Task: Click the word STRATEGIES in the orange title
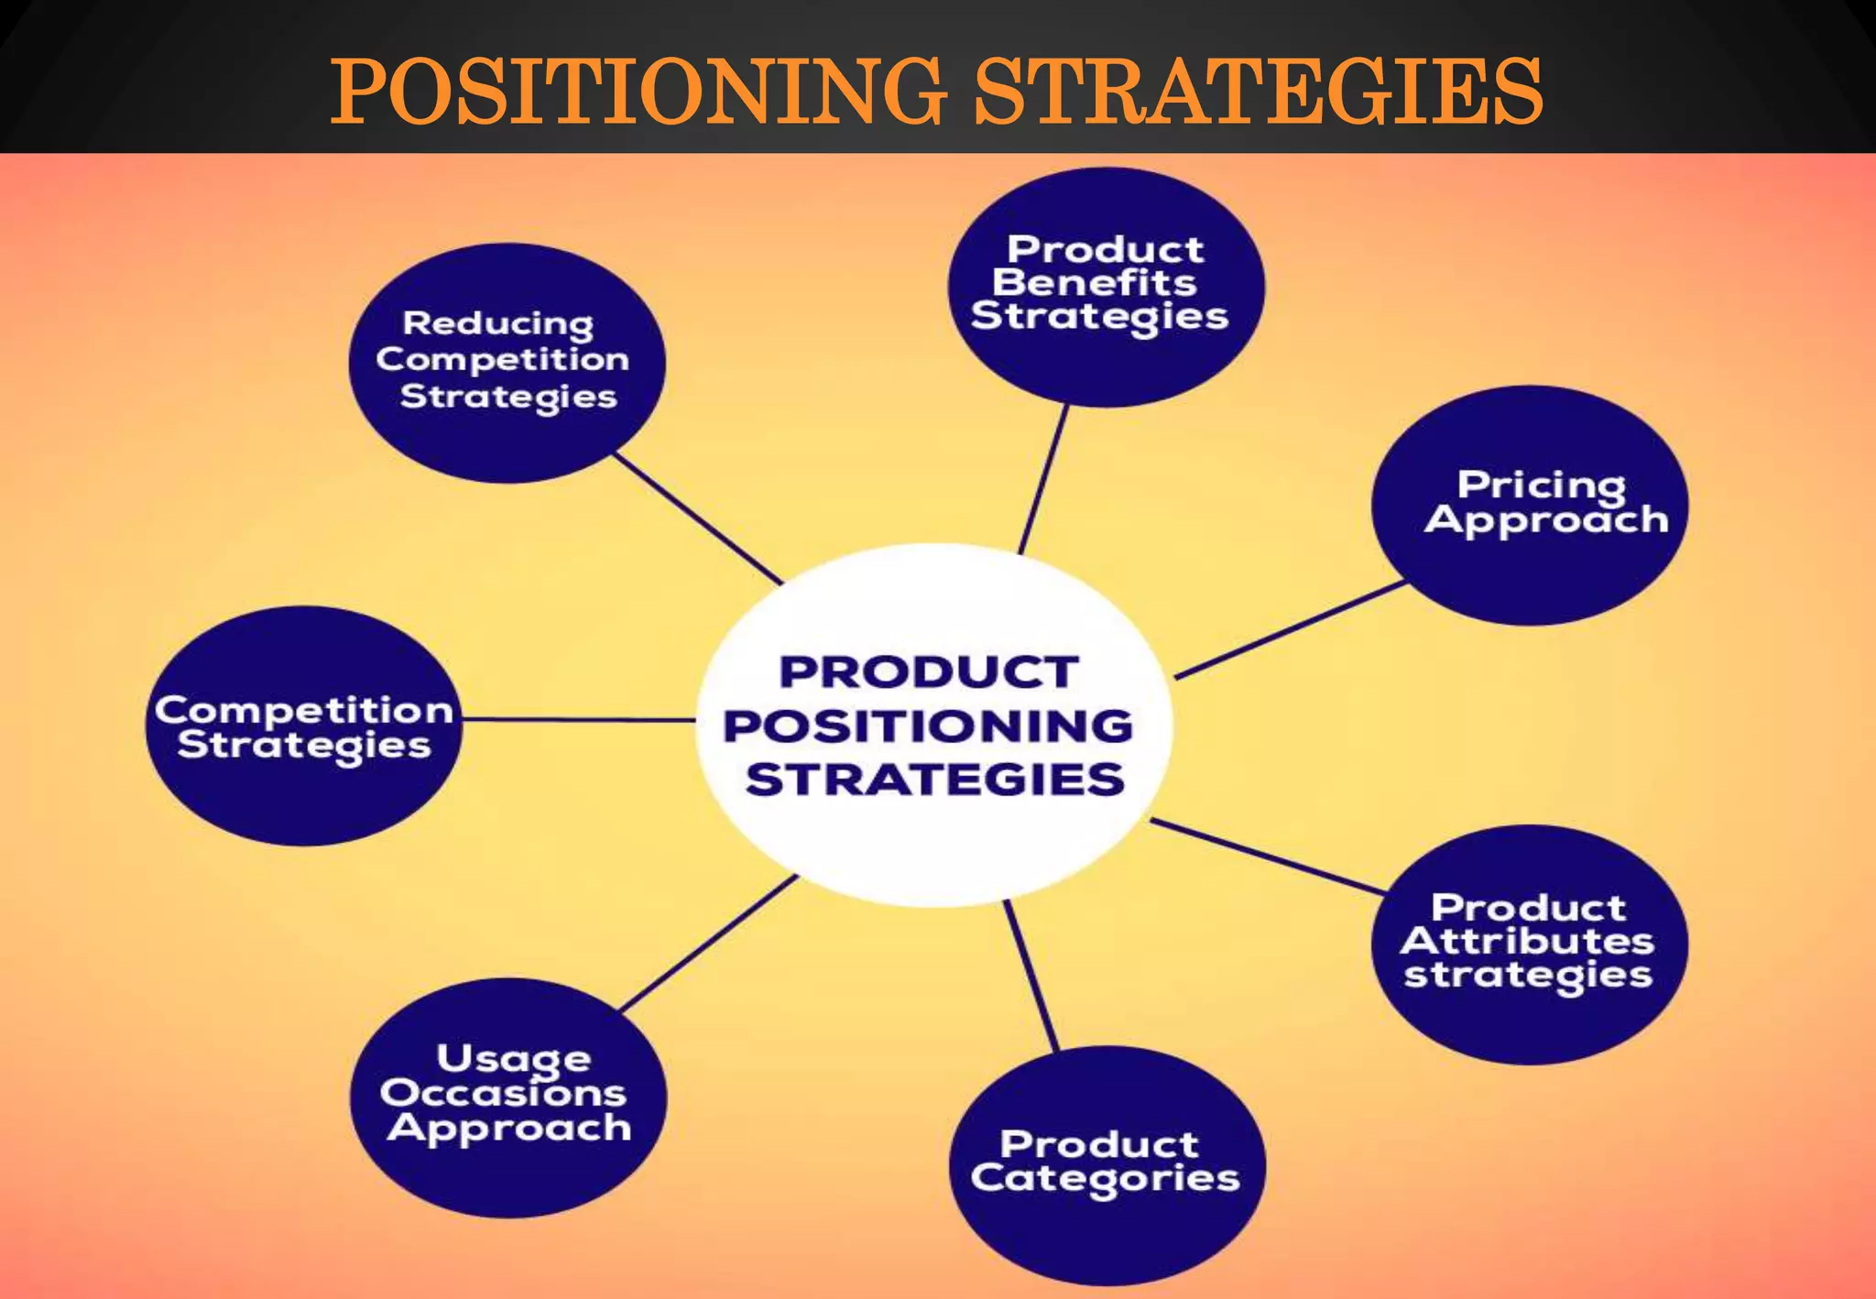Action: point(1258,91)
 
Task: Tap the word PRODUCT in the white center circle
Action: point(929,671)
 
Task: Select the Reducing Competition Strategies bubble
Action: point(507,363)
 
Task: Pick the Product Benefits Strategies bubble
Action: point(1106,287)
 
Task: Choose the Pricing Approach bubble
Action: point(1530,506)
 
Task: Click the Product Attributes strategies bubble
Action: point(1530,944)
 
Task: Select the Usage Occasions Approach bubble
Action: point(508,1097)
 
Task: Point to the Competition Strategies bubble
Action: point(303,726)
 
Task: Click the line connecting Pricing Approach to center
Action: point(1290,630)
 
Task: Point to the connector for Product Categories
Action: point(1031,977)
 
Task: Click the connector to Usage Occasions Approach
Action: point(708,944)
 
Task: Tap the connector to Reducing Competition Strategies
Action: point(698,519)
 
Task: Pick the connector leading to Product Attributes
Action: point(1268,857)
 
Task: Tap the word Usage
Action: point(513,1059)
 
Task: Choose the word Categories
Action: point(1105,1179)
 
